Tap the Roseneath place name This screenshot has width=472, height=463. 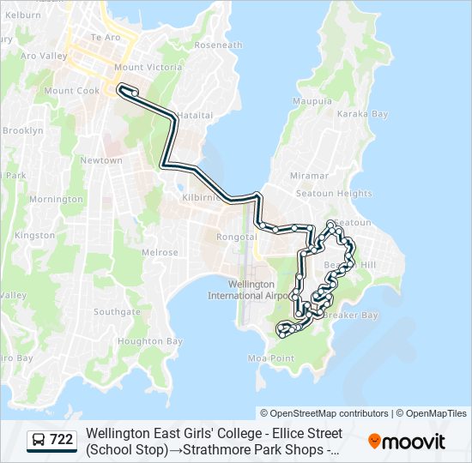(x=218, y=45)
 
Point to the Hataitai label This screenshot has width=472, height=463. (x=195, y=115)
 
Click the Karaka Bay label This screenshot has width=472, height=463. (x=363, y=114)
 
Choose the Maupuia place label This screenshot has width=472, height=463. (x=312, y=101)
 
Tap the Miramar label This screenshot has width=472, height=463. (x=309, y=175)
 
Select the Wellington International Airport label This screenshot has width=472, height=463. (x=250, y=290)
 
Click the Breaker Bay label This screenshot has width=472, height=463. (x=350, y=315)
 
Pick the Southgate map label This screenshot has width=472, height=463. (x=117, y=311)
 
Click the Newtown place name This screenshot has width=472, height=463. (x=101, y=160)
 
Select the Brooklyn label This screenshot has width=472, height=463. (x=22, y=130)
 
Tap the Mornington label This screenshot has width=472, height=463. (x=56, y=199)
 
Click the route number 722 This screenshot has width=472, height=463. (x=61, y=440)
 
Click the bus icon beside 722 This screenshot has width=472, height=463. (x=39, y=440)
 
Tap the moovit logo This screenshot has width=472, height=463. (x=407, y=442)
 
